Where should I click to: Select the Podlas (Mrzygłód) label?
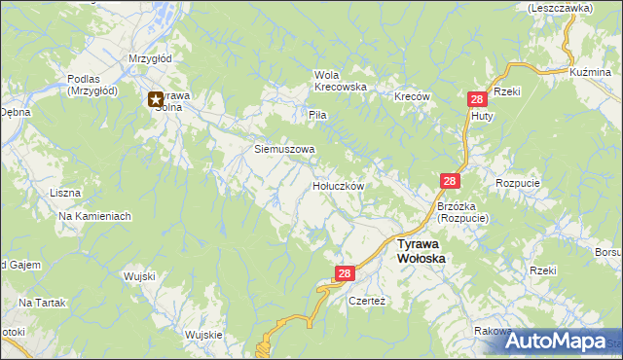tap(92, 86)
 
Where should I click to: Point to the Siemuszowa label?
tap(285, 150)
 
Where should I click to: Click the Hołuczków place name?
tap(338, 185)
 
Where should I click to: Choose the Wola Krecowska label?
tap(339, 81)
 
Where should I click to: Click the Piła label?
tap(317, 115)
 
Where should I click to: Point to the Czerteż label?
tap(368, 302)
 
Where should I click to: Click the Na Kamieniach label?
tap(94, 216)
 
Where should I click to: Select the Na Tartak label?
tap(41, 304)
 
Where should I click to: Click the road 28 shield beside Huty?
tap(477, 99)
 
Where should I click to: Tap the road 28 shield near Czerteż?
tap(345, 275)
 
